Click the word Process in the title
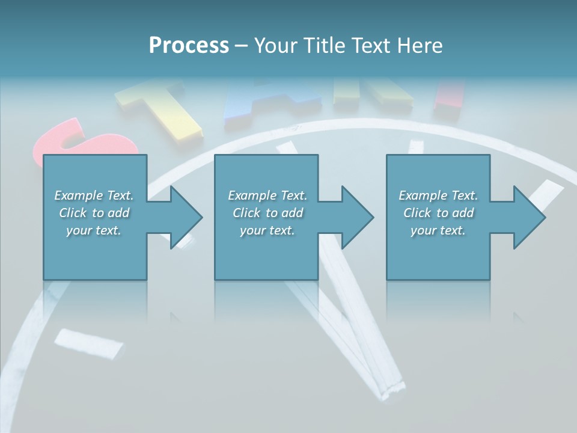pos(189,46)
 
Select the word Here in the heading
pos(420,46)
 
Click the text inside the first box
pos(94,213)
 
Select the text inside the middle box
pos(267,213)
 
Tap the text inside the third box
pos(438,213)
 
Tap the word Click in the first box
pos(73,213)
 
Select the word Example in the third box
pos(423,195)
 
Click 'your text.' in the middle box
pos(267,230)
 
